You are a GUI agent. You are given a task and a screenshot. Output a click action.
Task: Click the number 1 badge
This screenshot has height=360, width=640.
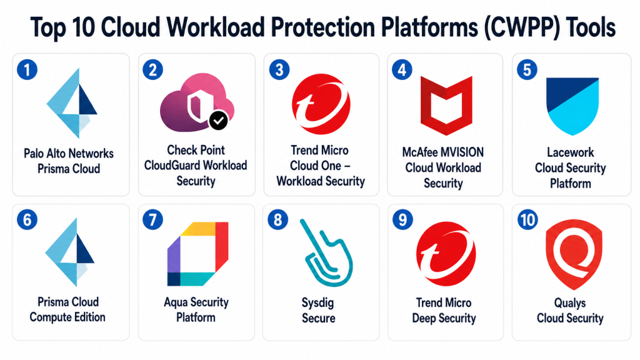[27, 70]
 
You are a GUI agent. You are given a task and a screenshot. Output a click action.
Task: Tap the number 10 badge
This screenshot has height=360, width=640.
[527, 220]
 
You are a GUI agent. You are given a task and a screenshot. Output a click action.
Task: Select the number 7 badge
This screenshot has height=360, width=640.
[152, 220]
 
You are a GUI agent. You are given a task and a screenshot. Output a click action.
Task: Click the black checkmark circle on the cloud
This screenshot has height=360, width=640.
[219, 120]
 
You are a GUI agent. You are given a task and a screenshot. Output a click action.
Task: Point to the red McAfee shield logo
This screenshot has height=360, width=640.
[446, 105]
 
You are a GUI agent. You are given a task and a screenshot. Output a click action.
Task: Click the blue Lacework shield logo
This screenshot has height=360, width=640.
[572, 106]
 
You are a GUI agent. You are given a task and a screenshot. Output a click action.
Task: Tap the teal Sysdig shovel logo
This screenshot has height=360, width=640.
[326, 252]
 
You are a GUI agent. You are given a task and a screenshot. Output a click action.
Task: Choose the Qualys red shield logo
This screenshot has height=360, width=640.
[574, 254]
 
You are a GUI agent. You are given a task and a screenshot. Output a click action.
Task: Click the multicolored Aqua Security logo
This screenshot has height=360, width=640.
[197, 254]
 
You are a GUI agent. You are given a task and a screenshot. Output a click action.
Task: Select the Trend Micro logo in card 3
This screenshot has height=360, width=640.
[321, 104]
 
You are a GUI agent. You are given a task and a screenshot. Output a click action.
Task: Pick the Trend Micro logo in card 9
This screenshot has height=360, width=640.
[446, 254]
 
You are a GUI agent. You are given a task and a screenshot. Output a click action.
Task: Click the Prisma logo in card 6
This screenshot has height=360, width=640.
[70, 252]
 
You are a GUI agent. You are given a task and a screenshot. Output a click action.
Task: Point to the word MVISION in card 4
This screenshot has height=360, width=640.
[463, 152]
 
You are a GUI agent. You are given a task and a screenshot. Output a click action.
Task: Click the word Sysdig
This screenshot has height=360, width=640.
[317, 303]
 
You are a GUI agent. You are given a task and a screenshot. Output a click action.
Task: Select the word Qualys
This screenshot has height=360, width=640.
[570, 303]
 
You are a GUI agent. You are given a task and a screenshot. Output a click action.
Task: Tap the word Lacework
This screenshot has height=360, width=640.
[570, 152]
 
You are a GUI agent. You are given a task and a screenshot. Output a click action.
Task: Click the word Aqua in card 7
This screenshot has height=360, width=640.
[175, 302]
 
